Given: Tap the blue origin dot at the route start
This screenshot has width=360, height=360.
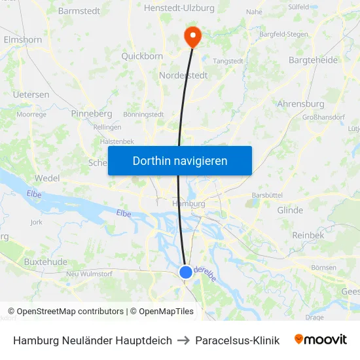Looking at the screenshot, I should (186, 272).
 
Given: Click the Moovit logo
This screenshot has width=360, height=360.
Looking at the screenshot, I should (320, 340).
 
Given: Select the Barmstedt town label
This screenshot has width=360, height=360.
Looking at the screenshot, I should (79, 10).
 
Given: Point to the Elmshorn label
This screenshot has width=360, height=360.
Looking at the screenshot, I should (23, 39).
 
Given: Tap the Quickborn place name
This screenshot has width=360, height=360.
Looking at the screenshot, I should (142, 56).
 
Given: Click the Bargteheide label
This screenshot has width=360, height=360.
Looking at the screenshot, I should (313, 60).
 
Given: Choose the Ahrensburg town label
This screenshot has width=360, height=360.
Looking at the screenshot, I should (300, 103).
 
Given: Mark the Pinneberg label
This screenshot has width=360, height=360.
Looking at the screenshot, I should (91, 113).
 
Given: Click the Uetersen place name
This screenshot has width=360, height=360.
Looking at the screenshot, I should (31, 94).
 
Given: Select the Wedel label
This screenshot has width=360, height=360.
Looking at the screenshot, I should (47, 178).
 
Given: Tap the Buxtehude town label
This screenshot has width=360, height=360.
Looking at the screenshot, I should (45, 261).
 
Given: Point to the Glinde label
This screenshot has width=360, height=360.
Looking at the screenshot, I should (290, 210).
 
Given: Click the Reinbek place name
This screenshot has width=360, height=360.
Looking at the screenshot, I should (308, 235).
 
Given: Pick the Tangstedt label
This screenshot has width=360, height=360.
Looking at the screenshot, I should (228, 61).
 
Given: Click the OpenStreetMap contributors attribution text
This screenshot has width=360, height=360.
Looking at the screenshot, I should (70, 312).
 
